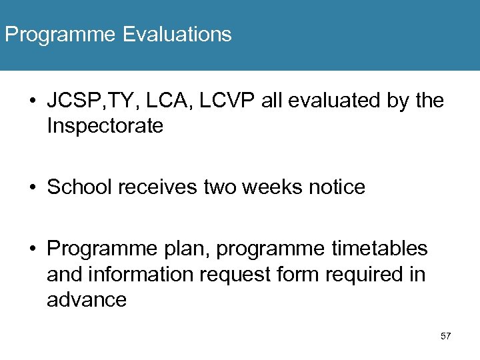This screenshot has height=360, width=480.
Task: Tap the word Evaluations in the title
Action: click(177, 34)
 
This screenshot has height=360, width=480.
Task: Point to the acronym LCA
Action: click(160, 101)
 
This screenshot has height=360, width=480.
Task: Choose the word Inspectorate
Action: click(105, 127)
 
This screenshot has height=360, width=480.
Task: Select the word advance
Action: click(87, 300)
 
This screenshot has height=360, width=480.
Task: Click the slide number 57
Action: click(446, 336)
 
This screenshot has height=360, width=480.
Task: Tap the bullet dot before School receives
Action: click(33, 188)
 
